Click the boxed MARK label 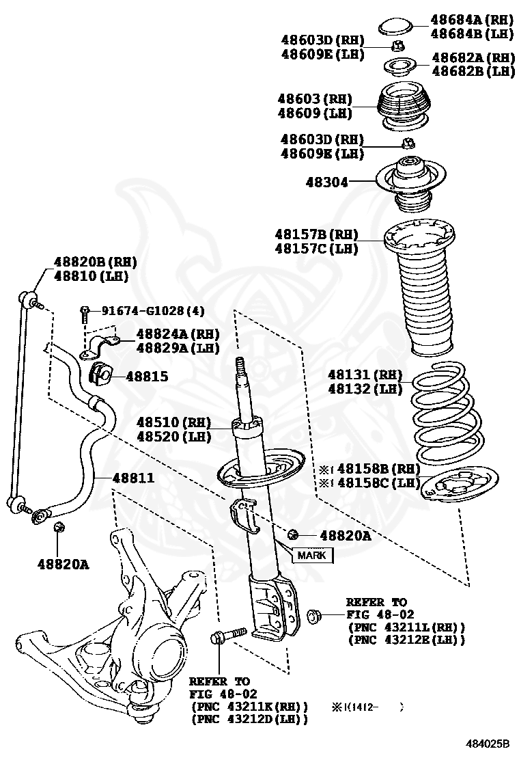pos(313,556)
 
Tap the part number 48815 pos(147,377)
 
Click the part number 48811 pos(133,478)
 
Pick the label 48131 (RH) pos(365,375)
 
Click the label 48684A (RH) pos(472,20)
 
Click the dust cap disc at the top pos(395,27)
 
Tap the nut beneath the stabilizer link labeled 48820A pos(59,528)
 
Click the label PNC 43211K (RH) pos(250,706)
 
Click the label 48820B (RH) pos(96,262)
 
